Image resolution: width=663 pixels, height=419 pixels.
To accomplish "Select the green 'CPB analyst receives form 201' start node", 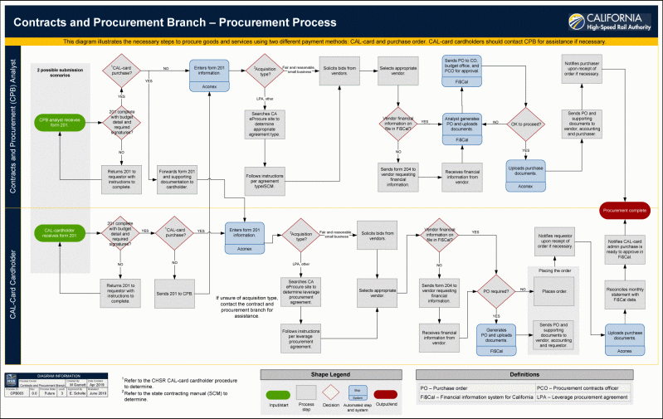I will coord(60,122).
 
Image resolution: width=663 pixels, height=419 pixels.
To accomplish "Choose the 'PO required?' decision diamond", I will coord(496,290).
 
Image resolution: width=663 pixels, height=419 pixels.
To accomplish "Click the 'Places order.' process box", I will coord(553,291).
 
